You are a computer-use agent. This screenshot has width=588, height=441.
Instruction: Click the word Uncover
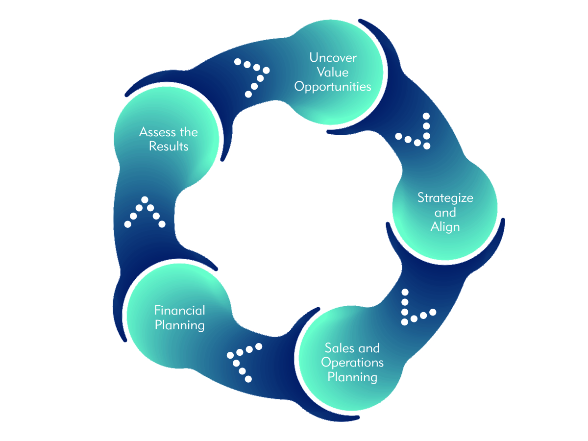coord(333,58)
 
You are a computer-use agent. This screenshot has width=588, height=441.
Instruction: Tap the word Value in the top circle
coord(333,73)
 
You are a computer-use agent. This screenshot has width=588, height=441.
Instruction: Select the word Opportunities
coord(333,87)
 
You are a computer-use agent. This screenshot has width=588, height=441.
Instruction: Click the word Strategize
coord(445,198)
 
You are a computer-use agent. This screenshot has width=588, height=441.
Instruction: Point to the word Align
coord(445,227)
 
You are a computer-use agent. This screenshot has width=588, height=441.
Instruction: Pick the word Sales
coord(338,348)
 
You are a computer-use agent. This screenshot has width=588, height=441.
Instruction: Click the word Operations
coord(352,363)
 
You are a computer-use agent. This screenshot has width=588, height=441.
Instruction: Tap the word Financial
coord(180,310)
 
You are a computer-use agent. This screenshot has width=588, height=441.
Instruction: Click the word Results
coord(169,147)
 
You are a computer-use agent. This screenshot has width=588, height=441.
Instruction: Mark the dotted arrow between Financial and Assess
coord(145,213)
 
